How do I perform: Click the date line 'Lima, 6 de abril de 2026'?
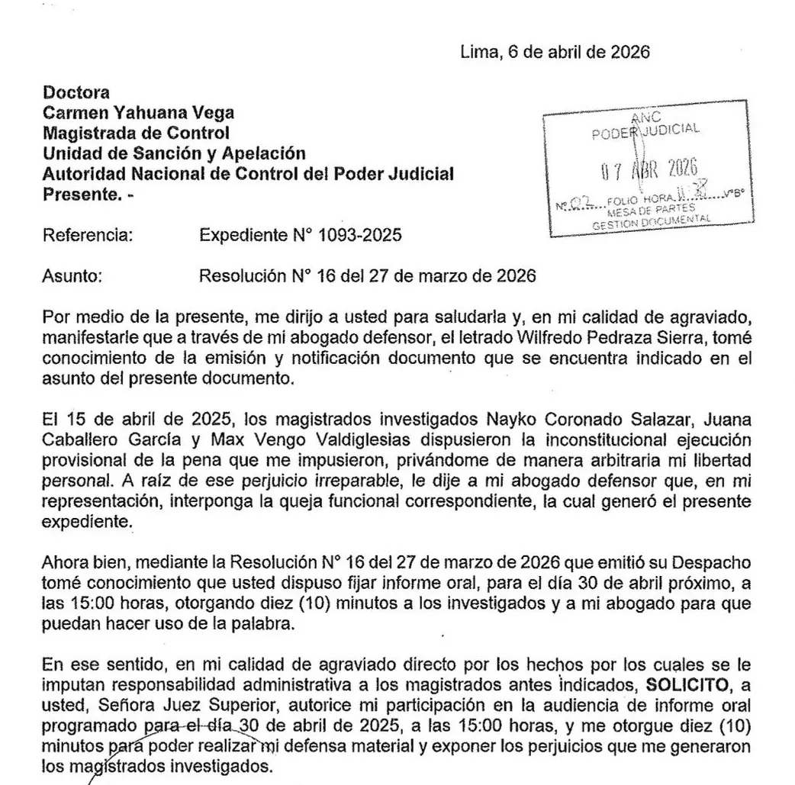555,53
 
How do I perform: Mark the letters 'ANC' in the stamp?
648,117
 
